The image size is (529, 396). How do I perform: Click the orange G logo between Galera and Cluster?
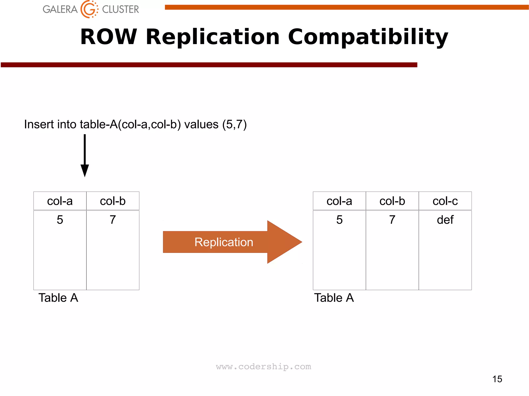coord(89,9)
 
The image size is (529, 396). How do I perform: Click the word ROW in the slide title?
coord(108,37)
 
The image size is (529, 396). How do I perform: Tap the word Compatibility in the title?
coord(368,37)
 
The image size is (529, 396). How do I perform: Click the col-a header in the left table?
coord(60,201)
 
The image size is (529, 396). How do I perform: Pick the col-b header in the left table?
coord(113,201)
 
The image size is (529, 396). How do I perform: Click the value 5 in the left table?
coord(60,220)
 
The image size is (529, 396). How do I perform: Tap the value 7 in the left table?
coord(113,220)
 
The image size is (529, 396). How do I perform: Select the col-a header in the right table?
coord(339,201)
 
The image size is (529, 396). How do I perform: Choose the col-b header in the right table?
coord(392,201)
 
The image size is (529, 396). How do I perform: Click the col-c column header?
coord(445,201)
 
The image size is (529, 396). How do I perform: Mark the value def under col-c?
coord(445,220)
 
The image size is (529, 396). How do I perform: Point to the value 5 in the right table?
coord(339,220)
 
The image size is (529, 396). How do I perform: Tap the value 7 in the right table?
coord(392,220)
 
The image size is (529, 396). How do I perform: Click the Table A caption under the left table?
coord(58,298)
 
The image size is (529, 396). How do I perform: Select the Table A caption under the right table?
coord(334,298)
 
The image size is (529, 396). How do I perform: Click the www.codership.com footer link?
coord(263,367)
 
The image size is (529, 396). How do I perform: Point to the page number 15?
coord(497,379)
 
